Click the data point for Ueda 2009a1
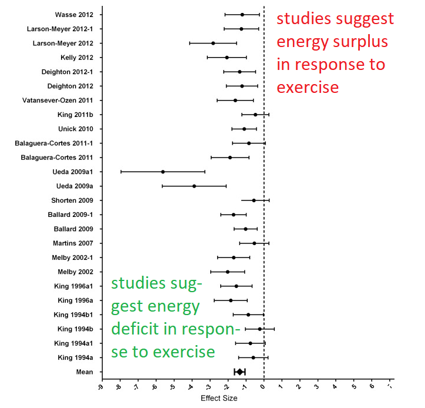[x=163, y=172]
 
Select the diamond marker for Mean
[x=240, y=372]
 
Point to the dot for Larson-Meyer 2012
[x=213, y=43]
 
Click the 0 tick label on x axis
[x=264, y=386]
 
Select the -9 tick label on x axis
[x=101, y=387]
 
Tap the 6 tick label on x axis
[x=372, y=386]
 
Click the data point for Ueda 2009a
[x=194, y=186]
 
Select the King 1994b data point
[x=260, y=329]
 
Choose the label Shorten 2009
[x=76, y=200]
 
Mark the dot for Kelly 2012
[x=227, y=58]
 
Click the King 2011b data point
[x=255, y=115]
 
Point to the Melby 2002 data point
[x=228, y=272]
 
